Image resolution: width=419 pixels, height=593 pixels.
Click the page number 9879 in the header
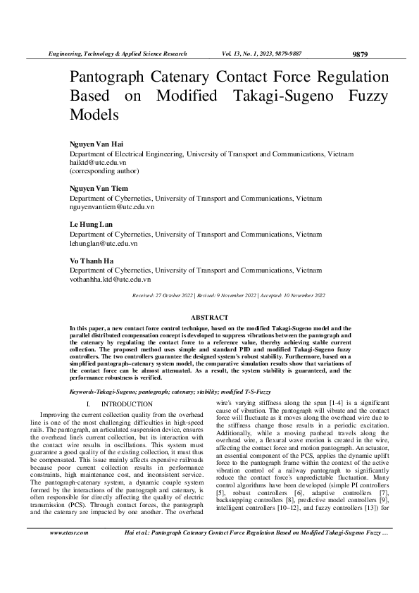(x=359, y=54)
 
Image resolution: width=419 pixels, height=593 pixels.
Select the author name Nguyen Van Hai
(x=96, y=144)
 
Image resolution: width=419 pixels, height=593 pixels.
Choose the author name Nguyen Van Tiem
(x=98, y=189)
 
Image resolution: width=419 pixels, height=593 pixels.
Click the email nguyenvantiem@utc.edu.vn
(x=111, y=207)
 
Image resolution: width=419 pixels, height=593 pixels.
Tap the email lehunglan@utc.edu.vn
(x=103, y=243)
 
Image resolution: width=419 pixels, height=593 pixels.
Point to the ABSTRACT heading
(x=210, y=318)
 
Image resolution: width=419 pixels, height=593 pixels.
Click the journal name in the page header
(x=116, y=54)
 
